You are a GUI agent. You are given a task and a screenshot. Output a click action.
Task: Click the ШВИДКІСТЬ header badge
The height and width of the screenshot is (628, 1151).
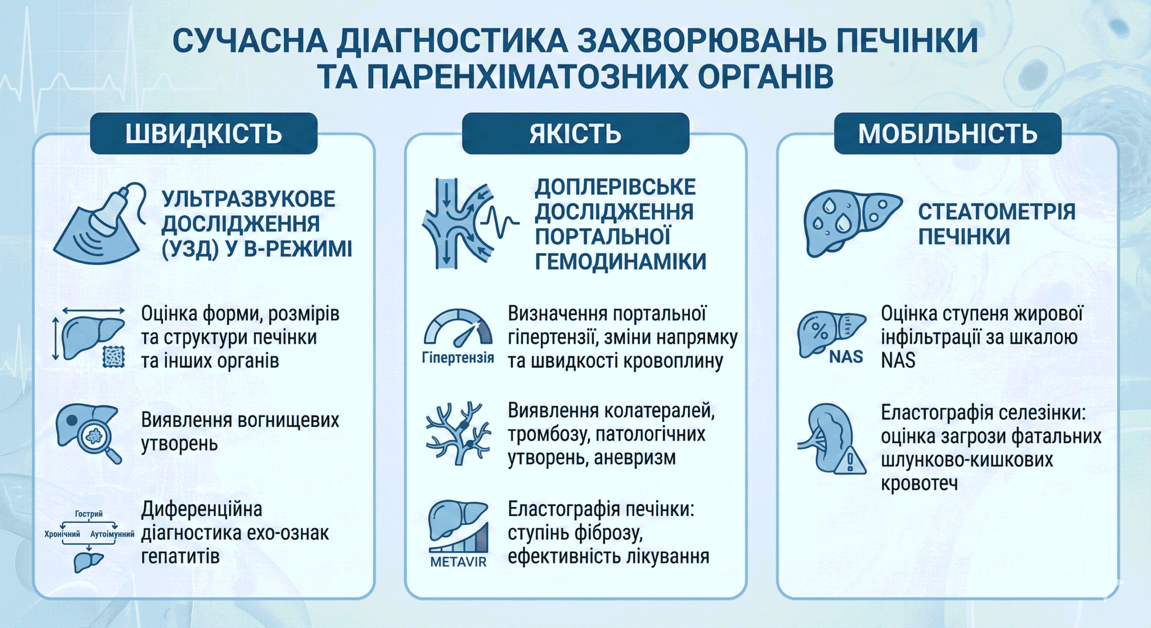pyautogui.click(x=204, y=134)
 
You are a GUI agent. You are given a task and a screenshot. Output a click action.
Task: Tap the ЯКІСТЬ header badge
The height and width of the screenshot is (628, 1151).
pyautogui.click(x=575, y=134)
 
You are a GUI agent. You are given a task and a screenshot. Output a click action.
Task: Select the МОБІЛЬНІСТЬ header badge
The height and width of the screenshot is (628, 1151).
pyautogui.click(x=947, y=134)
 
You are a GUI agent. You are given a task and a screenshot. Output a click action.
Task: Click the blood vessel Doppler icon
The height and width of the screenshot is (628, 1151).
pyautogui.click(x=468, y=224)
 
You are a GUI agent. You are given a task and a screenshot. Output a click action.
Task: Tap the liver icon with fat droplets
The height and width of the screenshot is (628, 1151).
pyautogui.click(x=850, y=223)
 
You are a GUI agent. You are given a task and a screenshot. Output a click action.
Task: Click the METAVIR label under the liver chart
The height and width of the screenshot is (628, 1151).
pyautogui.click(x=458, y=562)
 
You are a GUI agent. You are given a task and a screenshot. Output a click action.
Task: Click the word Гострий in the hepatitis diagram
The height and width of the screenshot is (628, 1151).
pyautogui.click(x=89, y=514)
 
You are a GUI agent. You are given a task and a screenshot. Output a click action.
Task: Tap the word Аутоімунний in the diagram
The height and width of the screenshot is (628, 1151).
pyautogui.click(x=112, y=534)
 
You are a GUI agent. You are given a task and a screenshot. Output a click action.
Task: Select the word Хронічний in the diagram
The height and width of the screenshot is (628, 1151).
pyautogui.click(x=62, y=534)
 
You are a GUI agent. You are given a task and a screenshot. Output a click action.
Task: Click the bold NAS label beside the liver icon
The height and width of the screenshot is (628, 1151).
pyautogui.click(x=846, y=357)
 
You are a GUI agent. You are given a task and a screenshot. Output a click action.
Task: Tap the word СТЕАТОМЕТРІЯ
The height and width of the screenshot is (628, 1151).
pyautogui.click(x=996, y=212)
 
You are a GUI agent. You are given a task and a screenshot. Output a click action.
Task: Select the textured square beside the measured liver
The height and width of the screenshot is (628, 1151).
pyautogui.click(x=114, y=357)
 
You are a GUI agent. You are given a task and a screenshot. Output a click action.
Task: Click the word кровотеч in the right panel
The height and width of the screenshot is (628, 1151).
pyautogui.click(x=919, y=484)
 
